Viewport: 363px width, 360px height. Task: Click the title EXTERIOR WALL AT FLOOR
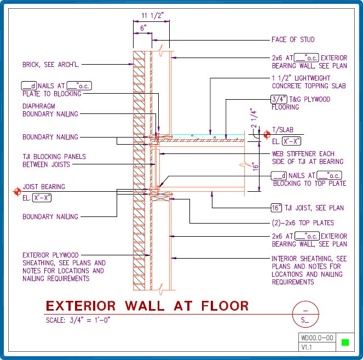click(147, 306)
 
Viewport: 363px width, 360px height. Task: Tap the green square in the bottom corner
click(344, 343)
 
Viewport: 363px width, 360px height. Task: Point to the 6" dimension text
click(143, 27)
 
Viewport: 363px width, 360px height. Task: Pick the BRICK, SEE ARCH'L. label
click(51, 64)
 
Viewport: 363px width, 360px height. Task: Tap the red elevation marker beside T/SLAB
click(267, 134)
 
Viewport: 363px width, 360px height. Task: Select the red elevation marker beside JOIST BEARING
click(17, 191)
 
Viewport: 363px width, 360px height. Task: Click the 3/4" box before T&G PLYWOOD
click(279, 100)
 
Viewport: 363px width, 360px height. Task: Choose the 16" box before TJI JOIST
click(276, 208)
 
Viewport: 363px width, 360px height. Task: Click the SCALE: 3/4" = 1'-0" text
click(78, 319)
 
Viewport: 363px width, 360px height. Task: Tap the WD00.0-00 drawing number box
click(316, 338)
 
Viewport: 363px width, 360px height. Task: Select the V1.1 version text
click(306, 347)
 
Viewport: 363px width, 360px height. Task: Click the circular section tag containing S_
click(305, 314)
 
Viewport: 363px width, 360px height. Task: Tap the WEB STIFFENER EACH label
click(303, 154)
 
